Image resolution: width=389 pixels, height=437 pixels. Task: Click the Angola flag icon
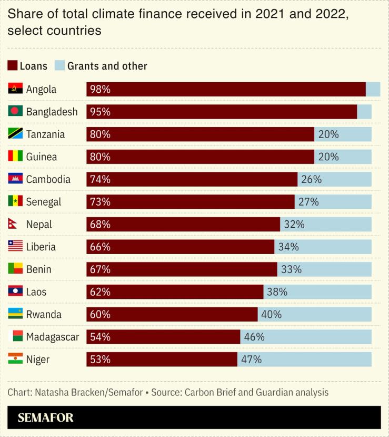(15, 89)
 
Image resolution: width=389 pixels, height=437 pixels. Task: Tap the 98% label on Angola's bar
(100, 90)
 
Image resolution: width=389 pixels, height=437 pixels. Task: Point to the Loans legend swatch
(12, 66)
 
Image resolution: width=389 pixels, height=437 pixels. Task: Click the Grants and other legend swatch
(59, 66)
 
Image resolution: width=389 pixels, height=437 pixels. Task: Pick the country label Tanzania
(45, 134)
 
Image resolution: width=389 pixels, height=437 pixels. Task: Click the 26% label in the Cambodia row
(311, 179)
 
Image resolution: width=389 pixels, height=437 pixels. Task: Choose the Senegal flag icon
(15, 201)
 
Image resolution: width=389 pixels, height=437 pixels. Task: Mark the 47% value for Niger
(251, 360)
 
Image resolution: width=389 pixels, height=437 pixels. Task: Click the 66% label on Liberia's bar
(100, 247)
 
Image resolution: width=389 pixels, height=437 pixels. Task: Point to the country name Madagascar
(52, 337)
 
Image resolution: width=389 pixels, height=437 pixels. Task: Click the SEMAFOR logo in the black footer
(46, 418)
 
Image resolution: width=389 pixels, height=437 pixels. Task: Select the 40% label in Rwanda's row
(271, 315)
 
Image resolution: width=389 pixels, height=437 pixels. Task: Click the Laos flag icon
(15, 292)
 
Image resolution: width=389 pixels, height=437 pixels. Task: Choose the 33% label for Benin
(291, 269)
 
